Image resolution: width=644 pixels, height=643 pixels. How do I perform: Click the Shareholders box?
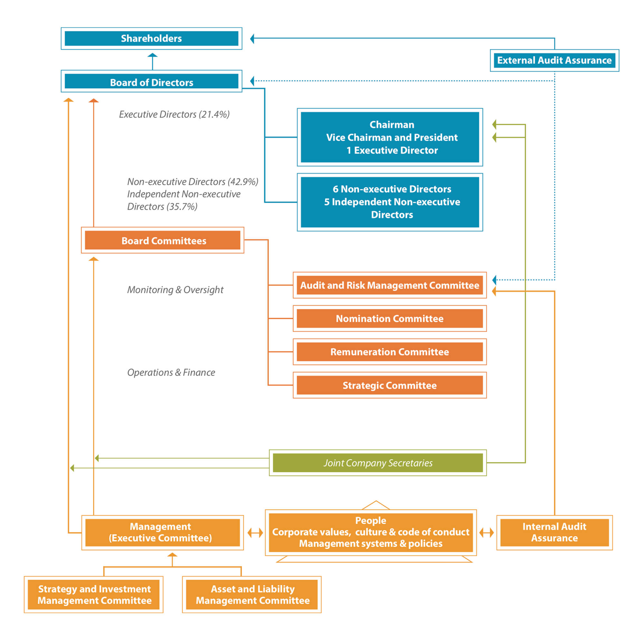pyautogui.click(x=151, y=38)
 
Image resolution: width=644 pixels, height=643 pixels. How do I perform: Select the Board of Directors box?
pyautogui.click(x=151, y=81)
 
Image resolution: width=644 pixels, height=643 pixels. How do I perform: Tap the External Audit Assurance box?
pyautogui.click(x=554, y=60)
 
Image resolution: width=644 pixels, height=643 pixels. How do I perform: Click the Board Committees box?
pyautogui.click(x=163, y=240)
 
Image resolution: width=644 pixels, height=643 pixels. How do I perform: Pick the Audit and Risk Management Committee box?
pyautogui.click(x=390, y=285)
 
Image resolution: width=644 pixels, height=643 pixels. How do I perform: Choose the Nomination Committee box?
pyautogui.click(x=390, y=319)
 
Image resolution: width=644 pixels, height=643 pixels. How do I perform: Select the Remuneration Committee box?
pyautogui.click(x=390, y=352)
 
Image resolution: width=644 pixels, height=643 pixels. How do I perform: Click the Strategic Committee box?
pyautogui.click(x=390, y=385)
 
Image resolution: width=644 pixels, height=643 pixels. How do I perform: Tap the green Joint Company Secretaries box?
pyautogui.click(x=378, y=463)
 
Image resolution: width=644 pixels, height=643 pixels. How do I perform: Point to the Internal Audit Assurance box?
pyautogui.click(x=554, y=532)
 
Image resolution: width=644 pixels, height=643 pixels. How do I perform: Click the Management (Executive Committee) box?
pyautogui.click(x=163, y=532)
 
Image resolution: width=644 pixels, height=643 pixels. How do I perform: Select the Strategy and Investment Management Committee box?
pyautogui.click(x=94, y=594)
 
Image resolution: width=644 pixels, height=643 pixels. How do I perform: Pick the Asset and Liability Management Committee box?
pyautogui.click(x=252, y=594)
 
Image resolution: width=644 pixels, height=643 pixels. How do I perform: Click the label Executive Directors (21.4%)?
pyautogui.click(x=174, y=114)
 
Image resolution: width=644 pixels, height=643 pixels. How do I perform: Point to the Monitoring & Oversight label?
pyautogui.click(x=175, y=290)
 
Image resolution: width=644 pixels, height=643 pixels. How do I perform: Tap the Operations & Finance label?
pyautogui.click(x=171, y=372)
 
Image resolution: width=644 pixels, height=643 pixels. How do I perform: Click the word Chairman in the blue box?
pyautogui.click(x=392, y=125)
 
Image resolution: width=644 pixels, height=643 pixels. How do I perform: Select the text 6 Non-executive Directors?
pyautogui.click(x=392, y=189)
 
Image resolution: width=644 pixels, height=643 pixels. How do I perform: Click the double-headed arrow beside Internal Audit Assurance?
pyautogui.click(x=487, y=533)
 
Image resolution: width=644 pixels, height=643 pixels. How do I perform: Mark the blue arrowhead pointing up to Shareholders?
pyautogui.click(x=152, y=56)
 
